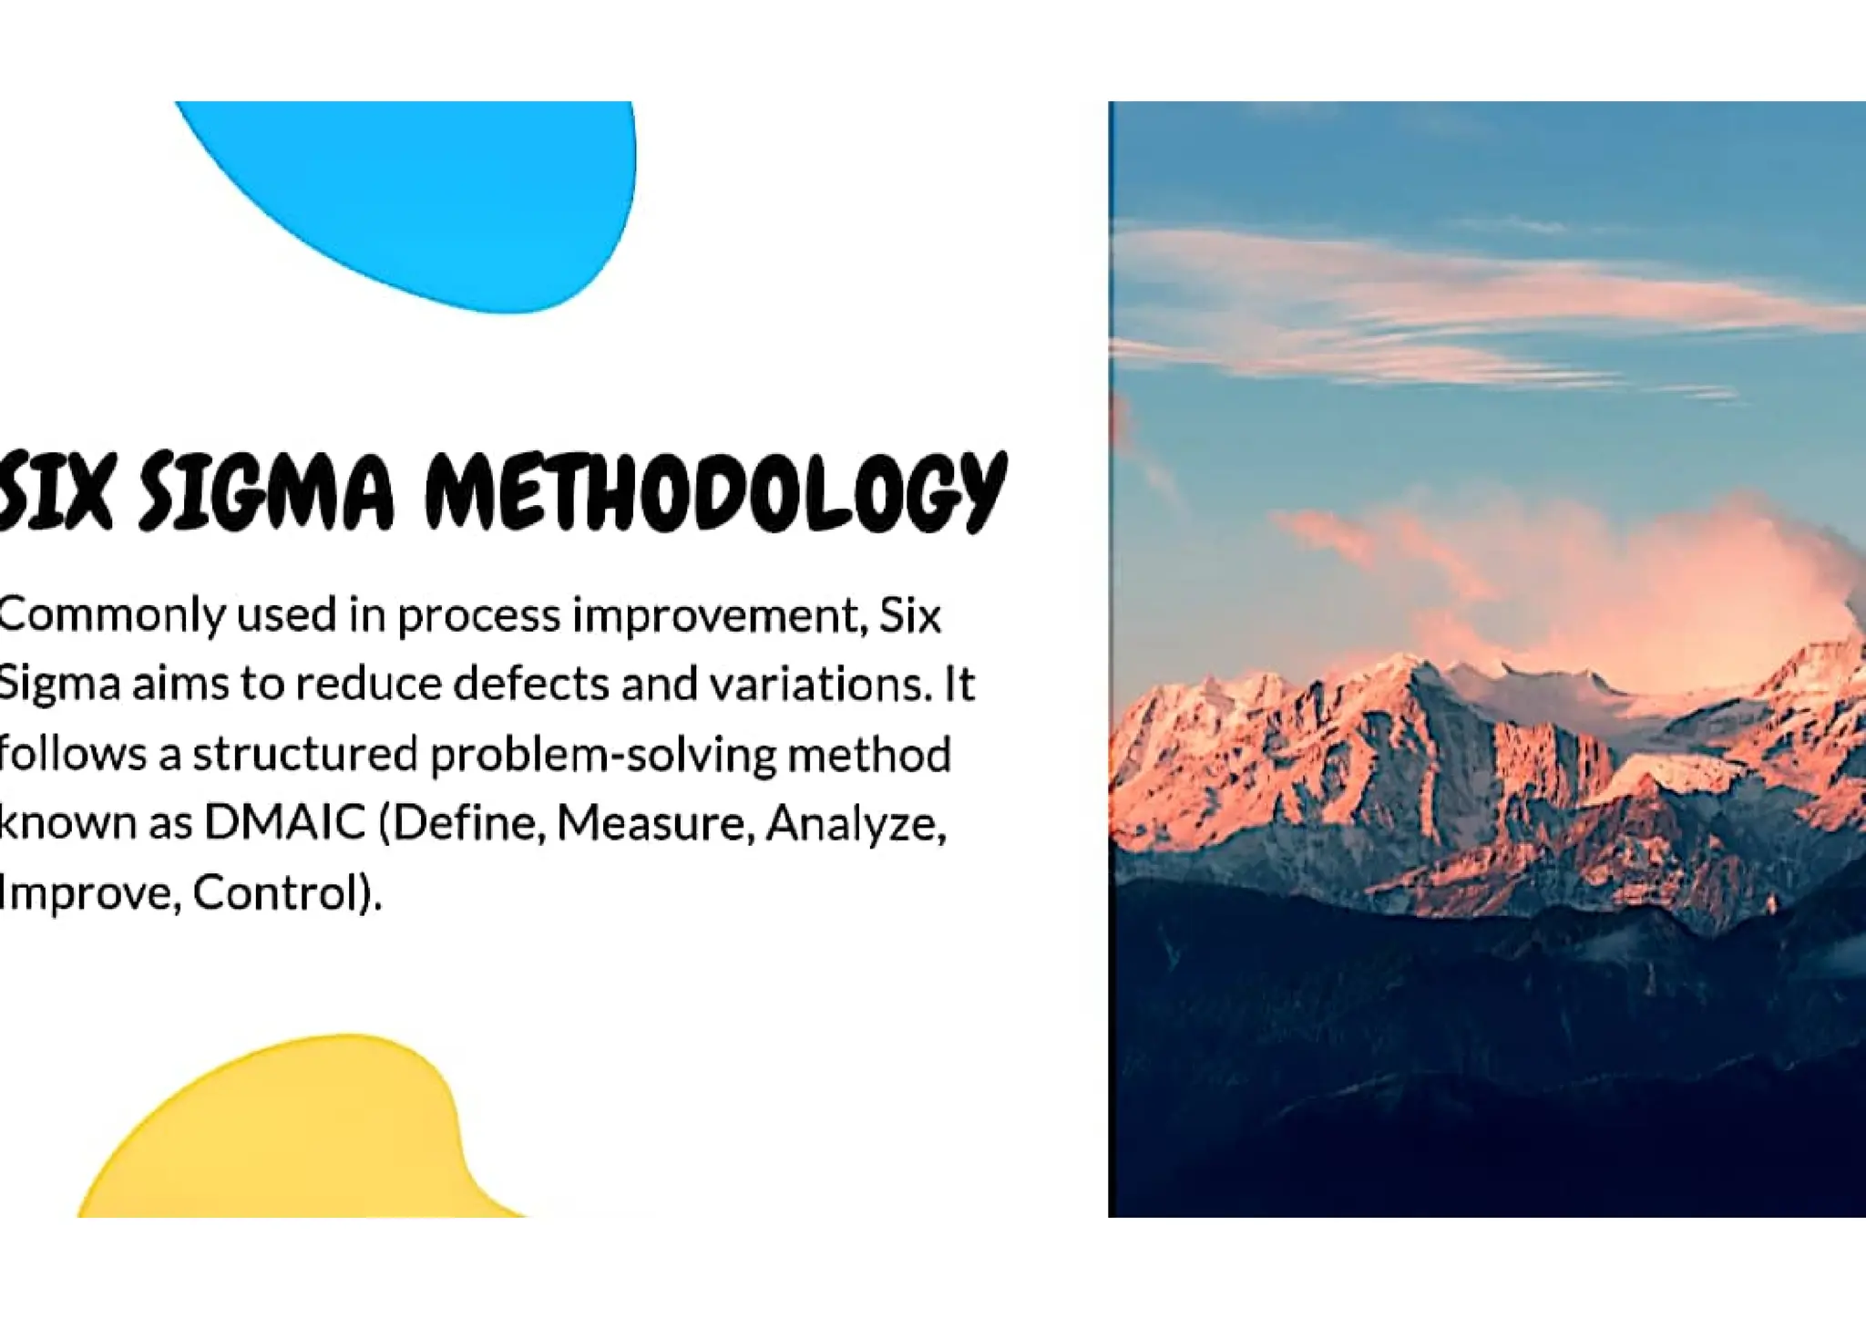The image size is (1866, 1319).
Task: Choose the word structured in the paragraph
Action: pyautogui.click(x=304, y=754)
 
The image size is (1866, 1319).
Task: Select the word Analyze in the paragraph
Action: pyautogui.click(x=856, y=824)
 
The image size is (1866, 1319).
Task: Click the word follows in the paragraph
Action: pyautogui.click(x=73, y=754)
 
